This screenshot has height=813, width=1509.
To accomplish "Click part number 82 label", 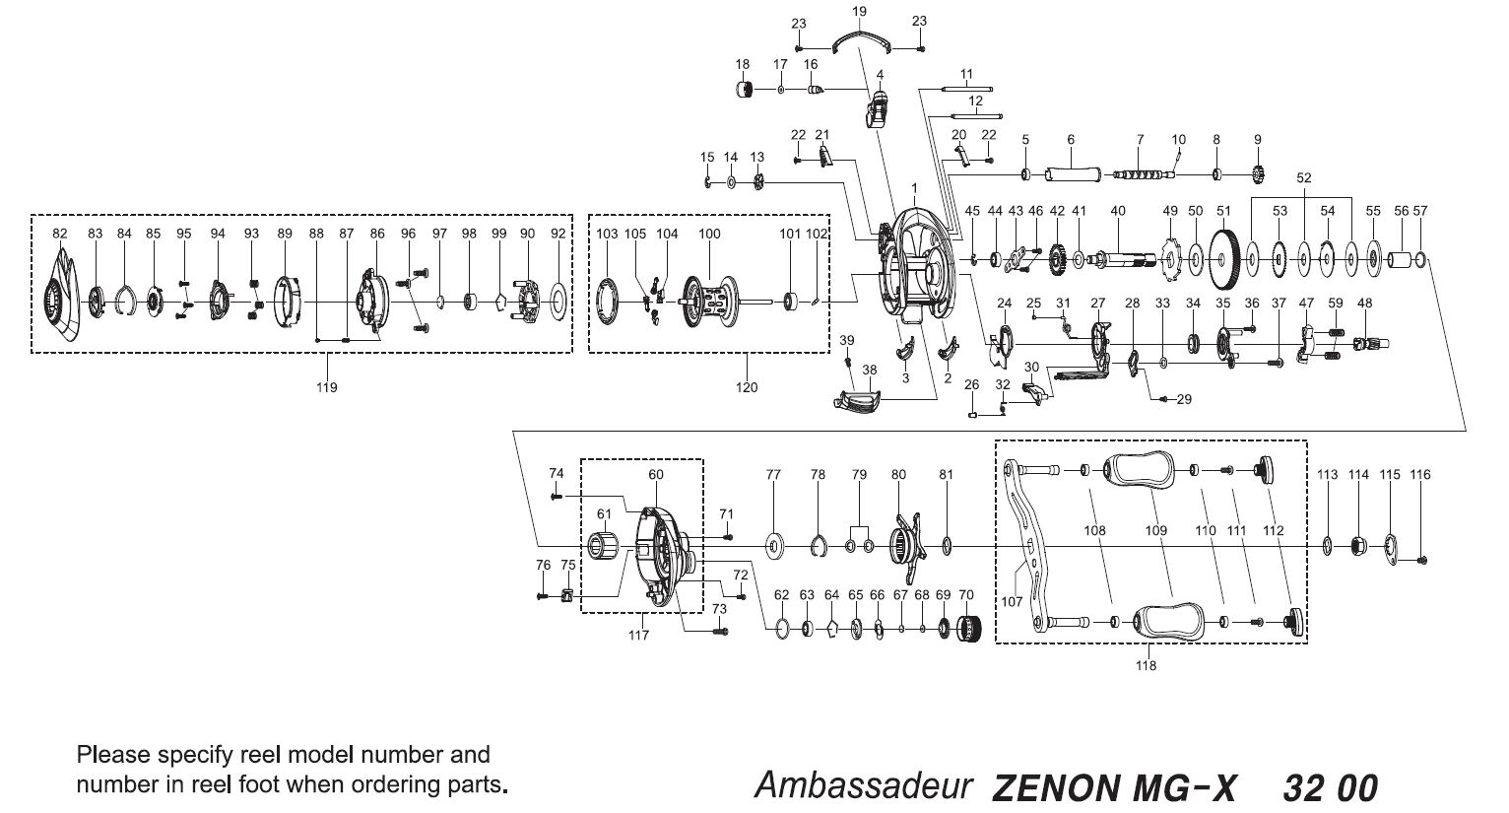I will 60,234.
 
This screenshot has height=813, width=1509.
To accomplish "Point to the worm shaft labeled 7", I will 1143,174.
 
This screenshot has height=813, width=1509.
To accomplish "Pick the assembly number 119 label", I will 326,387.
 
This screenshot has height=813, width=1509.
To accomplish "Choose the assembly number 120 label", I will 747,387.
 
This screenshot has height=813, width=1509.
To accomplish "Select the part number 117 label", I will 639,635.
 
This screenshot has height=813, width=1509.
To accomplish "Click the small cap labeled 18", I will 746,90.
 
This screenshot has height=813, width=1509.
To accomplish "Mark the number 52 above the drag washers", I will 1304,178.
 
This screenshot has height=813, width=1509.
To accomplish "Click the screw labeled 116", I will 1424,561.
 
